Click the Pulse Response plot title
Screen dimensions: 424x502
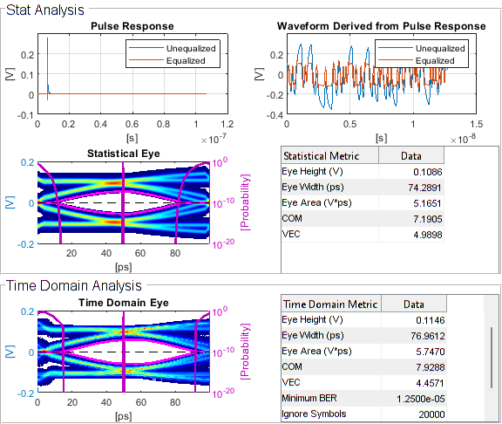(132, 26)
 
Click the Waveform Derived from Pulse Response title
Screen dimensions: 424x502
(381, 26)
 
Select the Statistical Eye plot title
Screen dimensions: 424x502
(124, 154)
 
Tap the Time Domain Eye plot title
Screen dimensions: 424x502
(124, 303)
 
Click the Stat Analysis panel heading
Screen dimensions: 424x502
(45, 10)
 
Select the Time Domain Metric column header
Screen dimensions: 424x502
(331, 304)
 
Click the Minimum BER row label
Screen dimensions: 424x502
(314, 398)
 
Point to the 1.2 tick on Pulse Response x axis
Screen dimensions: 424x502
(227, 124)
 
